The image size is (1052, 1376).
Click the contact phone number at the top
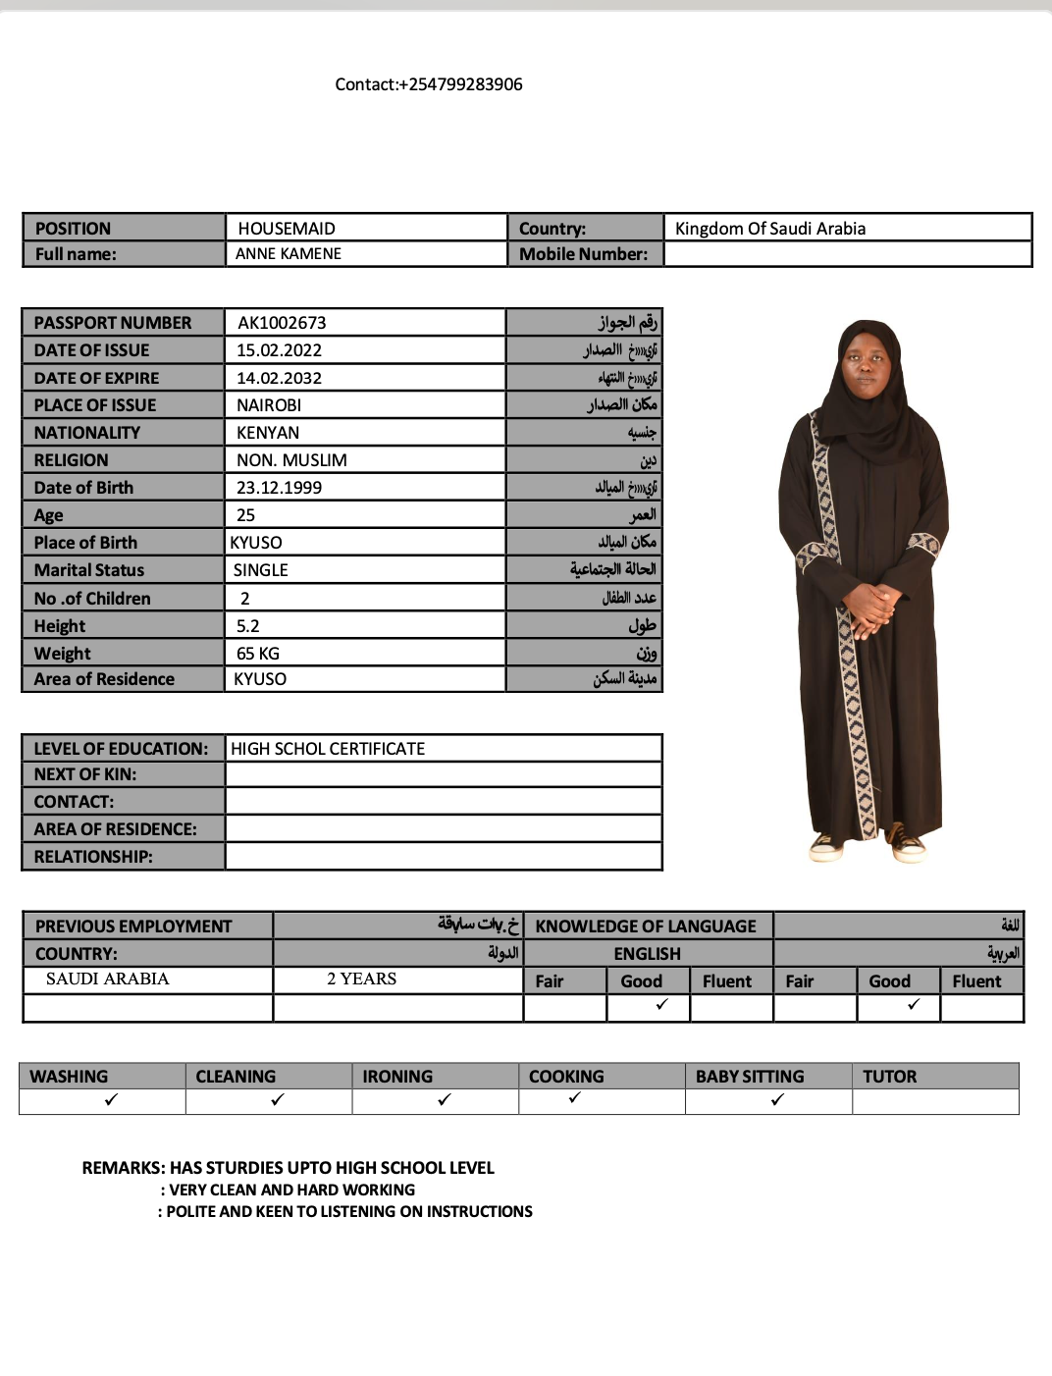tap(429, 84)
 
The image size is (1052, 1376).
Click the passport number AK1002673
tap(282, 323)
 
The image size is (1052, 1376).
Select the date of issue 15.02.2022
tap(279, 350)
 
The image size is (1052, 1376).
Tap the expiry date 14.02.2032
tap(279, 378)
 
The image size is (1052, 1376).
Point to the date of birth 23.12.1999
tap(279, 488)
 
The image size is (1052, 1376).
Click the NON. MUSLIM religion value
tap(291, 460)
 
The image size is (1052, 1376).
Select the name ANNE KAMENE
tap(289, 253)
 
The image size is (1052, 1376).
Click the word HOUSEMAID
tap(287, 229)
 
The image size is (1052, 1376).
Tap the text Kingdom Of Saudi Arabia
tap(770, 229)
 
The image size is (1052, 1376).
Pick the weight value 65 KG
tap(258, 654)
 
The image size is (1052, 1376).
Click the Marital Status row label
tap(89, 570)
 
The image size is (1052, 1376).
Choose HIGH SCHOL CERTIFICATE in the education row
tap(328, 749)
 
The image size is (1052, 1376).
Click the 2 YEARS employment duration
tap(362, 979)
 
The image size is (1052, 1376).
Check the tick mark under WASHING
tap(111, 1100)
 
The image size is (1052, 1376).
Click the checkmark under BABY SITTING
tap(777, 1100)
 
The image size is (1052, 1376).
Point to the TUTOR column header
tap(890, 1077)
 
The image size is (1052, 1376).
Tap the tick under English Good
tap(661, 1004)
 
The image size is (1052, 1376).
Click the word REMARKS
tap(123, 1168)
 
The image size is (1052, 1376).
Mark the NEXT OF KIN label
tap(85, 774)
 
